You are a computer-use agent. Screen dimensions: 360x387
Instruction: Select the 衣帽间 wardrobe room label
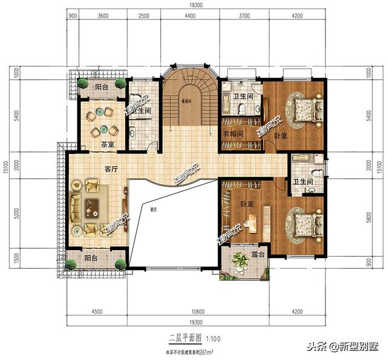point(232,134)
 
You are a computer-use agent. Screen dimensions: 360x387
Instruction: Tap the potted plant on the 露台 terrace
point(241,261)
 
